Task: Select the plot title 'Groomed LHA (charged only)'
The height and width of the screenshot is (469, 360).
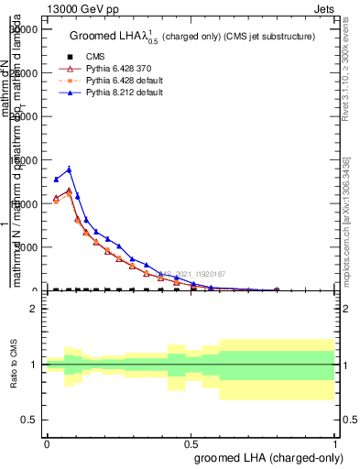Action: click(192, 36)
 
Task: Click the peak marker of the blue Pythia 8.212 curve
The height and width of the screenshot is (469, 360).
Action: click(69, 169)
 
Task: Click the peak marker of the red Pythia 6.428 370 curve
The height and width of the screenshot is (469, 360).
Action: click(69, 191)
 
